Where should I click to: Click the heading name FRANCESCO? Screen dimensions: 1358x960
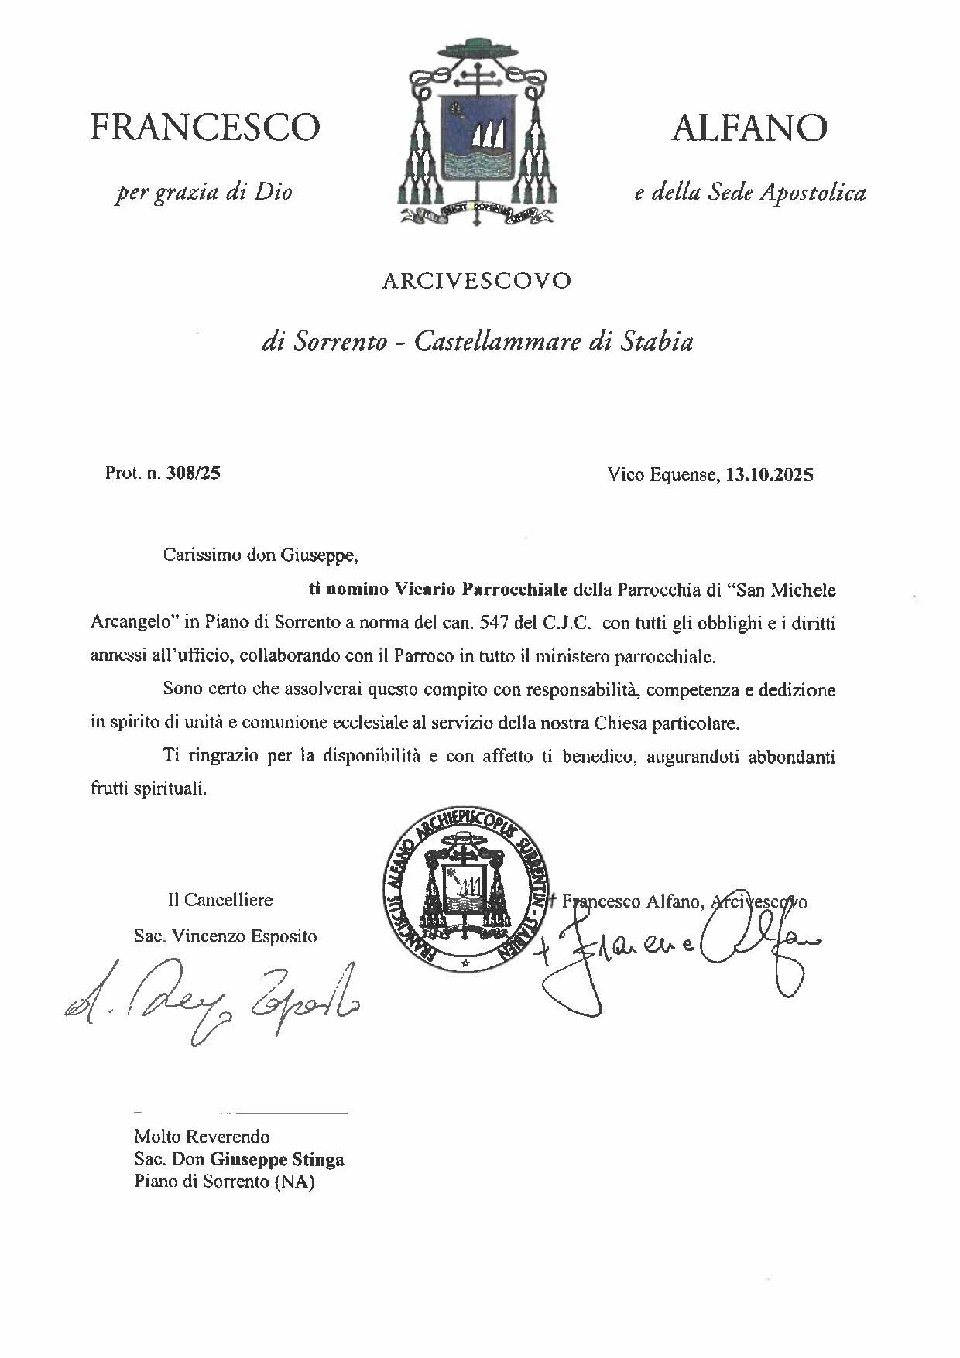(x=204, y=127)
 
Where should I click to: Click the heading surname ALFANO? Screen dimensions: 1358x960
(x=749, y=127)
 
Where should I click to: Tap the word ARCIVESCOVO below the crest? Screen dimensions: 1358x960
(x=476, y=281)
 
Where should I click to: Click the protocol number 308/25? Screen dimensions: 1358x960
(x=198, y=473)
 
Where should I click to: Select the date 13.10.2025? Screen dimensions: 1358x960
(x=769, y=475)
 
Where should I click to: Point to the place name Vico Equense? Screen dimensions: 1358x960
(x=662, y=475)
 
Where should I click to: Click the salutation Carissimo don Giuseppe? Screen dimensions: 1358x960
(x=262, y=556)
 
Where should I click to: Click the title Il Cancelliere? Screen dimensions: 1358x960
(x=220, y=900)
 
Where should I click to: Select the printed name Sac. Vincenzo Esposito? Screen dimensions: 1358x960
(x=225, y=936)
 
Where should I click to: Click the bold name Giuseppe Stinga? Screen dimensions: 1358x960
(x=277, y=1160)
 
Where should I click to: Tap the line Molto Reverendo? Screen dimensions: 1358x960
(x=201, y=1137)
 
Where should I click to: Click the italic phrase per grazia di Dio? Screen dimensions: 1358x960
(x=204, y=192)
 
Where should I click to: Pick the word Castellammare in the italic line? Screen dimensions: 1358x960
(x=498, y=341)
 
